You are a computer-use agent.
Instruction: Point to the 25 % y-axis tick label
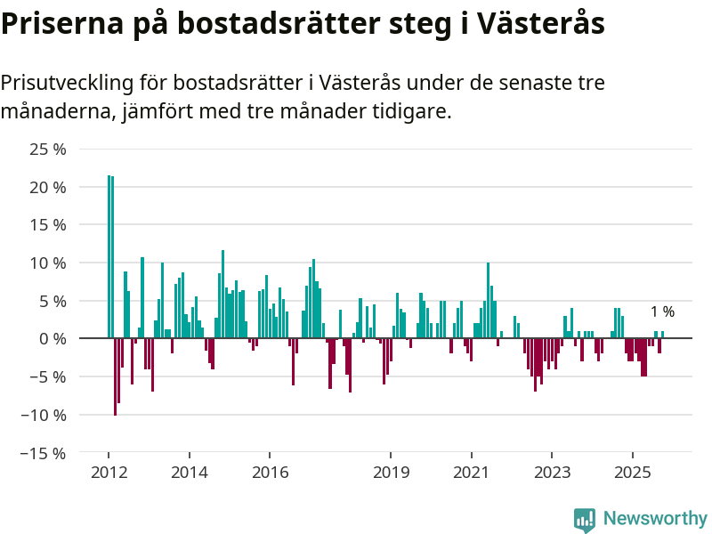click(48, 150)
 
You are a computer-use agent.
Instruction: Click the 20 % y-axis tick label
click(48, 188)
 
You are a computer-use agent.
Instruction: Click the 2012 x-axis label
click(109, 472)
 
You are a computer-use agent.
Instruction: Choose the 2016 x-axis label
click(271, 472)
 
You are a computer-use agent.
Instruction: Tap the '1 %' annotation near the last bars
click(662, 312)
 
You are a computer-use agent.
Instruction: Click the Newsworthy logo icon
click(585, 520)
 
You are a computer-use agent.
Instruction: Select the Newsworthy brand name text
click(655, 519)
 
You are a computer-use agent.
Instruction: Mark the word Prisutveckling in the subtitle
click(67, 84)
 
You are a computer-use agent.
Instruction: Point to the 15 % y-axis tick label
click(48, 225)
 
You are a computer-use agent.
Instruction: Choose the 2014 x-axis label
click(190, 472)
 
